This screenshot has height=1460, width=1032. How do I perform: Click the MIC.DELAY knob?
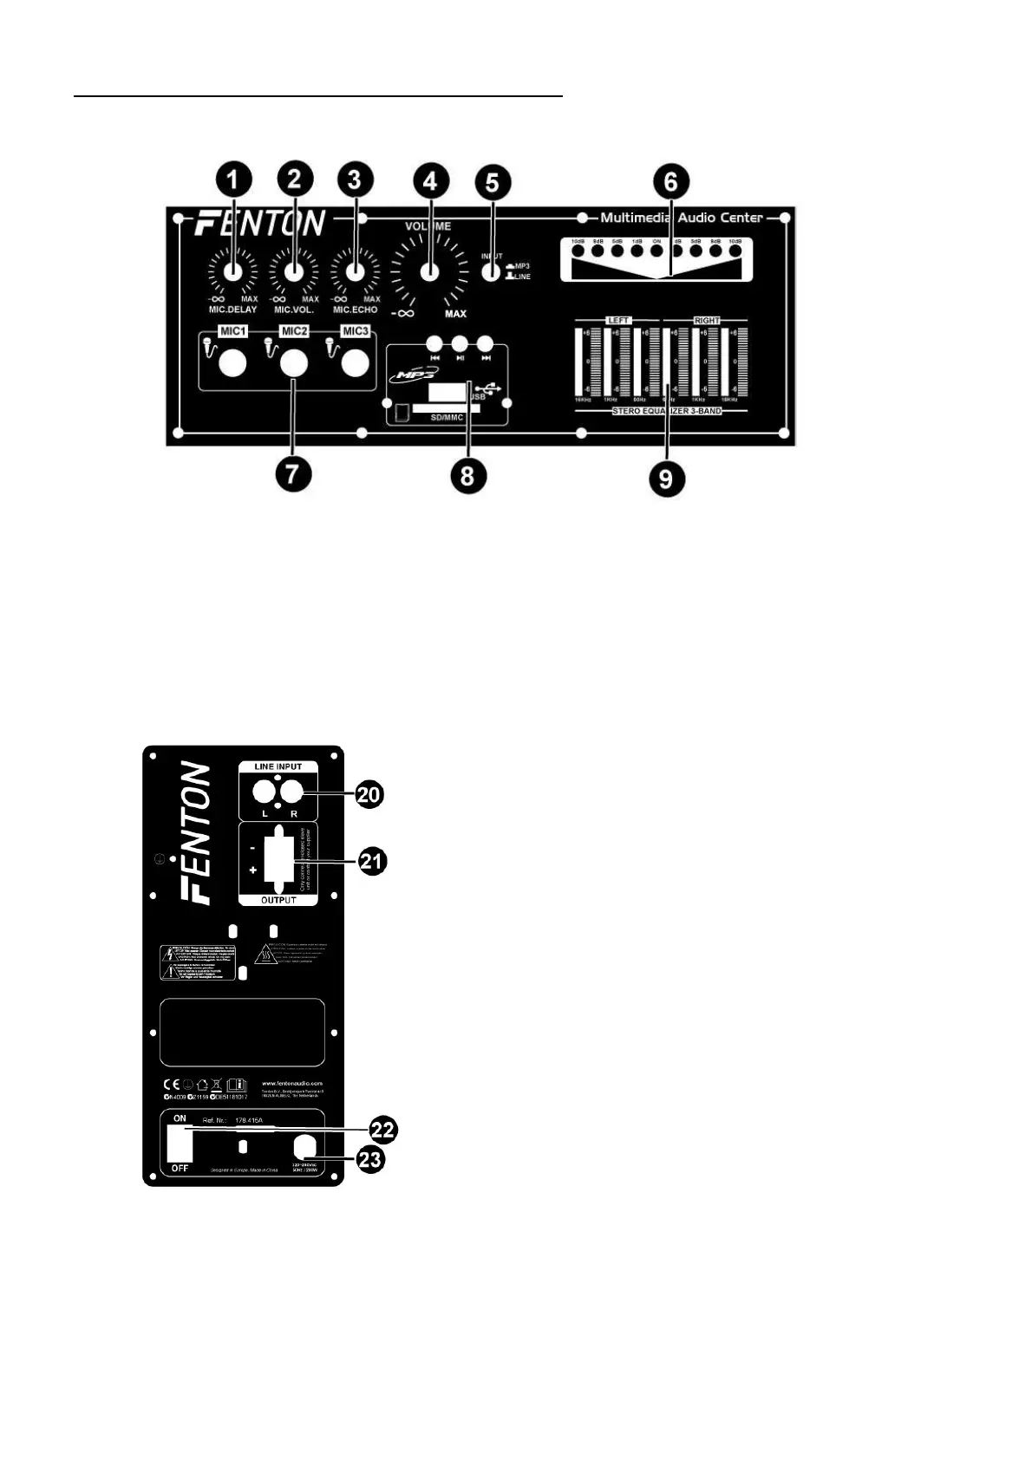pos(232,270)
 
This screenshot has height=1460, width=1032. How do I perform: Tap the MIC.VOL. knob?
pos(294,270)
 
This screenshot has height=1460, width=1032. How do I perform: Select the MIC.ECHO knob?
pos(356,270)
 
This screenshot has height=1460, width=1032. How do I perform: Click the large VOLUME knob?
pos(430,271)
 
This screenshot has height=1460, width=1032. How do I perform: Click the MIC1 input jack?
pos(232,364)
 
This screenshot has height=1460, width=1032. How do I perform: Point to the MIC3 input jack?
pos(355,364)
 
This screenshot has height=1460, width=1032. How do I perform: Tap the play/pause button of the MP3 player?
pos(460,342)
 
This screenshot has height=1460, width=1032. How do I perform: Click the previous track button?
pos(434,342)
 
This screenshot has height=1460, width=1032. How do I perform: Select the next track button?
pos(486,342)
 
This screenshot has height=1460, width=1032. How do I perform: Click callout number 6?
pos(670,182)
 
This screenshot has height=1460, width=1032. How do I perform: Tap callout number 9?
pos(666,479)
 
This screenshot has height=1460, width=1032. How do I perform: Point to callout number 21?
pos(373,862)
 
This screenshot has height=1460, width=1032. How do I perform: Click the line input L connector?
pos(263,791)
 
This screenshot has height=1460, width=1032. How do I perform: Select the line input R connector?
pos(292,791)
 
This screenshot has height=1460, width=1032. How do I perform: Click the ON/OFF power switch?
pos(180,1144)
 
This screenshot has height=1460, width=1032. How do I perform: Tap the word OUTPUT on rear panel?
pos(278,900)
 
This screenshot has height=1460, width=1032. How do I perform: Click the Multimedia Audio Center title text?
pos(682,218)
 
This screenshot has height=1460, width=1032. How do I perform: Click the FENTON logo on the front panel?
pos(260,223)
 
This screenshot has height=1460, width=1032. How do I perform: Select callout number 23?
pos(370,1158)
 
